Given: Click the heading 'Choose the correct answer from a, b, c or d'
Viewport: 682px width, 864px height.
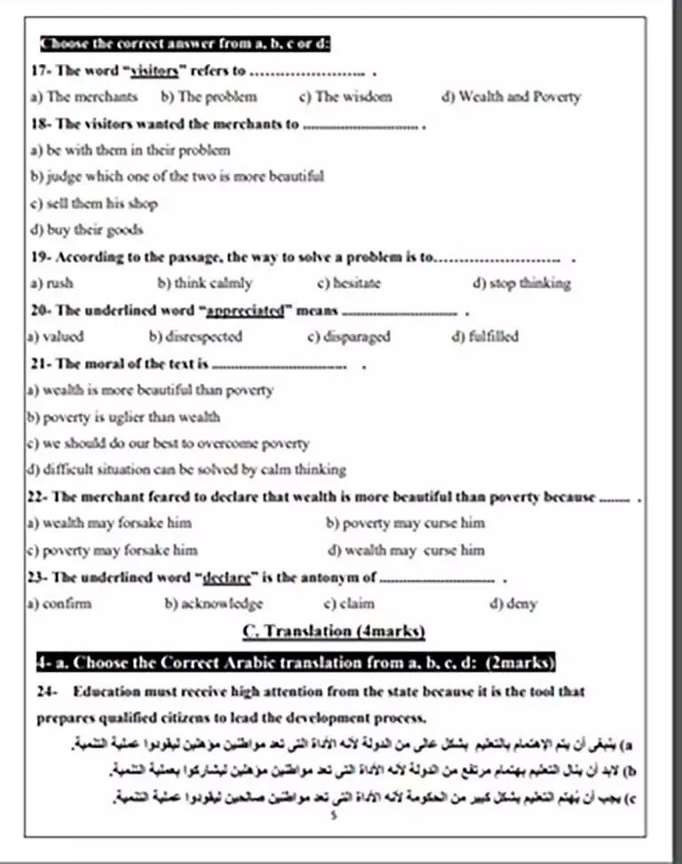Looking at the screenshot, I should click(x=186, y=44).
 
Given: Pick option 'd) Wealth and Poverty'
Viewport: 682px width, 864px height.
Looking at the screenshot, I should click(x=511, y=97).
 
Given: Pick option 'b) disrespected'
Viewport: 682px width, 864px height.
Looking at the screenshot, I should click(x=195, y=337).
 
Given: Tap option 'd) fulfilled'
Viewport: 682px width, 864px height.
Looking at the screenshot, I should click(x=485, y=337).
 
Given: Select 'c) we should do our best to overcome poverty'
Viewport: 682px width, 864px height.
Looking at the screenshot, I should click(x=168, y=442).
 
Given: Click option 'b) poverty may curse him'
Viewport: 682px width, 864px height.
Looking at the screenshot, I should click(x=405, y=522).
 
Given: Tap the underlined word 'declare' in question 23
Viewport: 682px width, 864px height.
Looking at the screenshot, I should click(x=226, y=577).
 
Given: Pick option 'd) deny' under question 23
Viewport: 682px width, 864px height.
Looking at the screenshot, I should click(x=513, y=604).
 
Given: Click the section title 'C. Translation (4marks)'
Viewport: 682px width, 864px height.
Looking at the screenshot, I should click(x=333, y=631).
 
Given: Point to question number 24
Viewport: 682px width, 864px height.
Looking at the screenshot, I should click(x=47, y=691).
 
